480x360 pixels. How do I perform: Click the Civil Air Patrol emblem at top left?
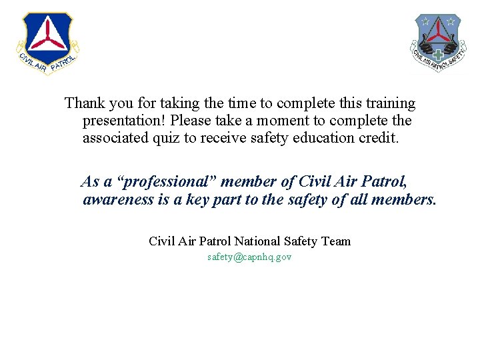pos(47,42)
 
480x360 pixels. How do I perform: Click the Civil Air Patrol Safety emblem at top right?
pos(437,43)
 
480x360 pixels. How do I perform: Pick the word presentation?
pos(124,121)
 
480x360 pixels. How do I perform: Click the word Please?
pos(191,121)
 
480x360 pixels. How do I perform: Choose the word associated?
pos(114,139)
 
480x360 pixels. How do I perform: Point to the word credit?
pos(378,139)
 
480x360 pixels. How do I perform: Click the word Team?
pos(335,241)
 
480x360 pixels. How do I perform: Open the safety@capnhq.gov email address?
pos(249,257)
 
